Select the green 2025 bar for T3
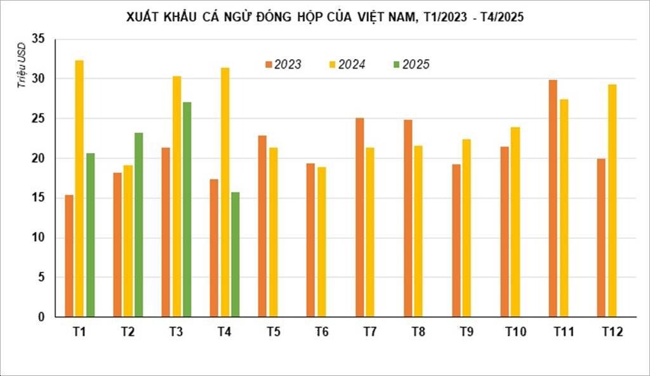point(187,209)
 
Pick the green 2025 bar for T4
point(235,254)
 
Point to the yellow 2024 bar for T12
point(612,200)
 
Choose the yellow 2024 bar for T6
point(322,241)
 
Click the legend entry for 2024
point(347,64)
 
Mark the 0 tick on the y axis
point(42,317)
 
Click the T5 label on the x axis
point(273,332)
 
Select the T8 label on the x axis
point(418,332)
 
